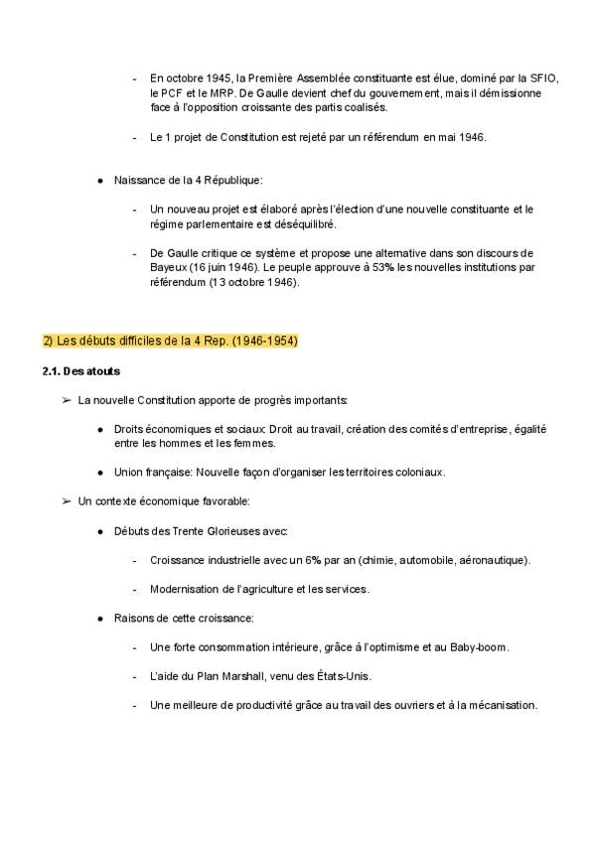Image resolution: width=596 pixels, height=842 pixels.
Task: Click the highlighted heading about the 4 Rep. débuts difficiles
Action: click(170, 342)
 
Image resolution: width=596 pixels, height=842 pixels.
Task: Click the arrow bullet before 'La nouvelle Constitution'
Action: click(67, 400)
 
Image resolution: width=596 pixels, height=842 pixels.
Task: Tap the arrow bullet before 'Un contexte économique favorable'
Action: click(67, 501)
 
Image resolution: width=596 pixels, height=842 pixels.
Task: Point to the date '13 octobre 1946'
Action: click(253, 283)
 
